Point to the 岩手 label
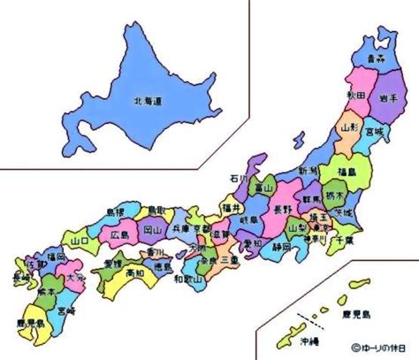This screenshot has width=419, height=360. (385, 96)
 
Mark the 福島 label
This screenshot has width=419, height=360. (346, 171)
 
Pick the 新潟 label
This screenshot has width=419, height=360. (308, 170)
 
